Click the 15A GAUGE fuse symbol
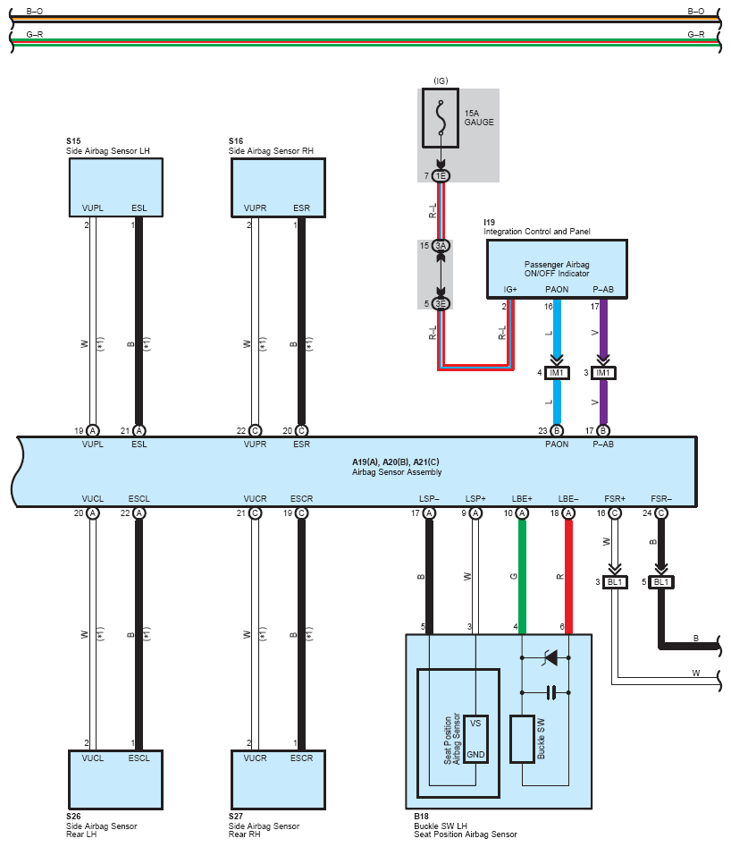441,118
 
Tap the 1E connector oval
441,175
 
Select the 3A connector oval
441,246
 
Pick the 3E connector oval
441,303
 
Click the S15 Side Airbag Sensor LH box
116,188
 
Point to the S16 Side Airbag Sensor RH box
278,188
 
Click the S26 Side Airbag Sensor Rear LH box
115,780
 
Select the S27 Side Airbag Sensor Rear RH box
278,780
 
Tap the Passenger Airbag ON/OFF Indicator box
557,269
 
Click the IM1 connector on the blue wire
557,373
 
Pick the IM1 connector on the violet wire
603,373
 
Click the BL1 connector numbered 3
615,582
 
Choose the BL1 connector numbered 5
661,582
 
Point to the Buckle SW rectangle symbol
522,739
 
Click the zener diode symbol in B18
550,658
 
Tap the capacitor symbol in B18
550,692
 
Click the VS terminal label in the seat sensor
475,724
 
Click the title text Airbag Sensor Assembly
397,472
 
